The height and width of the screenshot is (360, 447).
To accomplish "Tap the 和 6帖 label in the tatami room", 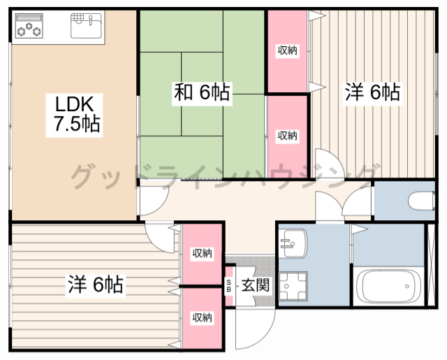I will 202,92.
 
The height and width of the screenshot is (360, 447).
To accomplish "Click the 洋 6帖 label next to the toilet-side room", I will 372,92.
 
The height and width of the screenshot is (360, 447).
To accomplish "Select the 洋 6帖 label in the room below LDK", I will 96,285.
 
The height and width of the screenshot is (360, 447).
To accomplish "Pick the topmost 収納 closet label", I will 287,50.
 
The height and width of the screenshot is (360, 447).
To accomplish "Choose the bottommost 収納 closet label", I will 203,318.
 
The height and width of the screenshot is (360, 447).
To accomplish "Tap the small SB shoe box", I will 229,285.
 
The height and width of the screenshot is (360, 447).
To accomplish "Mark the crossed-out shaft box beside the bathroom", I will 432,264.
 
